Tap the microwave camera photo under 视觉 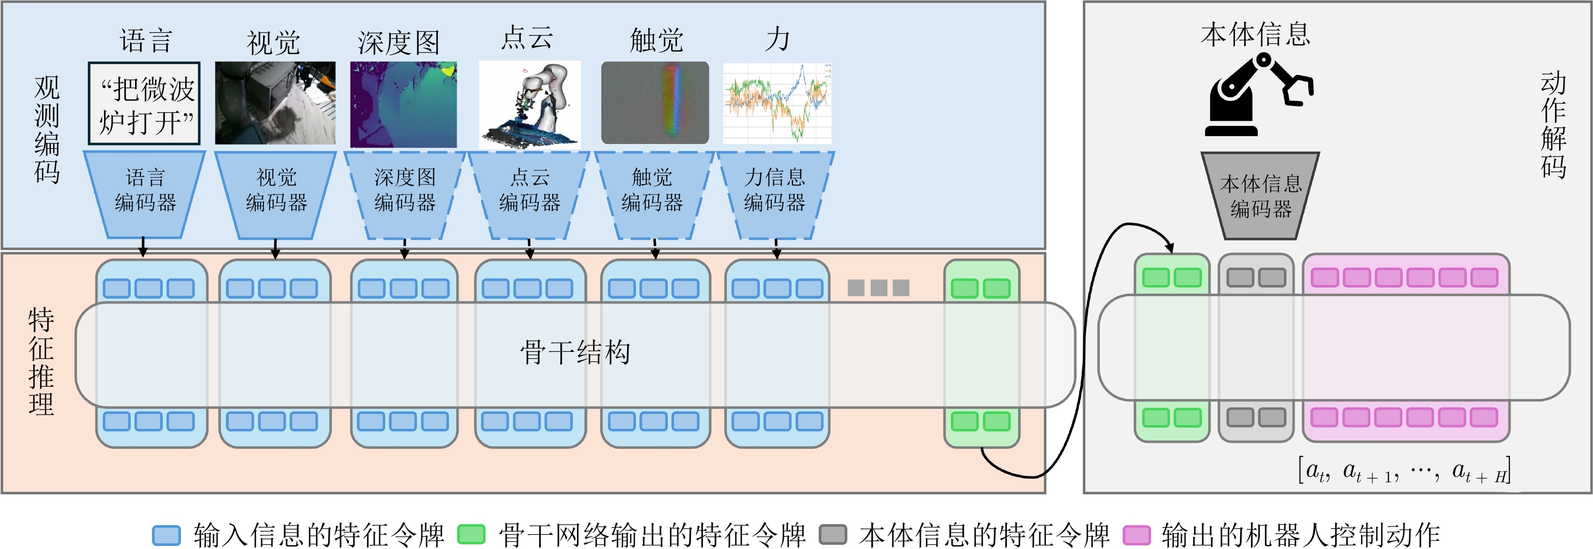pos(275,103)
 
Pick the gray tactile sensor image pos(655,103)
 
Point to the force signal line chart pos(777,103)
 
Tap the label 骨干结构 pos(575,352)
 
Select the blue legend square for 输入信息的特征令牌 pos(166,535)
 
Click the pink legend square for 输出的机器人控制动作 pos(1137,535)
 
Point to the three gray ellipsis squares pos(878,288)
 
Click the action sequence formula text pos(1404,471)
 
